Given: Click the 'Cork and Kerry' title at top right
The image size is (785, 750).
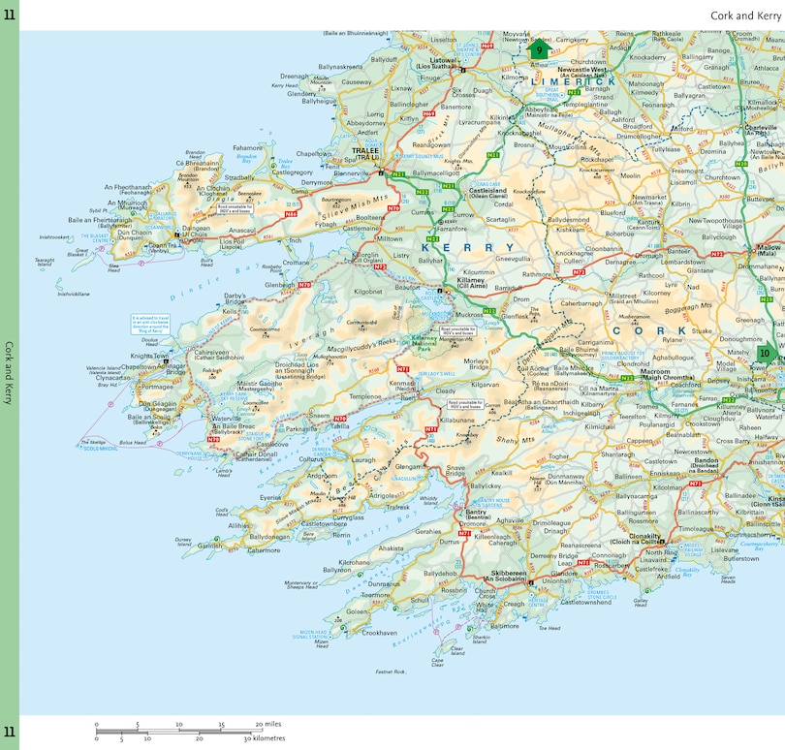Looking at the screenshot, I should [744, 16].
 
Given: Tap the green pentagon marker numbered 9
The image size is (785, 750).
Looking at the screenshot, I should [540, 50].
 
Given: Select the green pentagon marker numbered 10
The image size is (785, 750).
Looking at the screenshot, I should [766, 354].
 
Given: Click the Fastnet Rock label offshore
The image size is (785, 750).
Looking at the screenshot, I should [391, 671].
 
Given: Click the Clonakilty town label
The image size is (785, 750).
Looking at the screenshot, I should [644, 536].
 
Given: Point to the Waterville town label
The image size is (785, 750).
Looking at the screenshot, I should [226, 419].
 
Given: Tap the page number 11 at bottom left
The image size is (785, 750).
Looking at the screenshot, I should [9, 732].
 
